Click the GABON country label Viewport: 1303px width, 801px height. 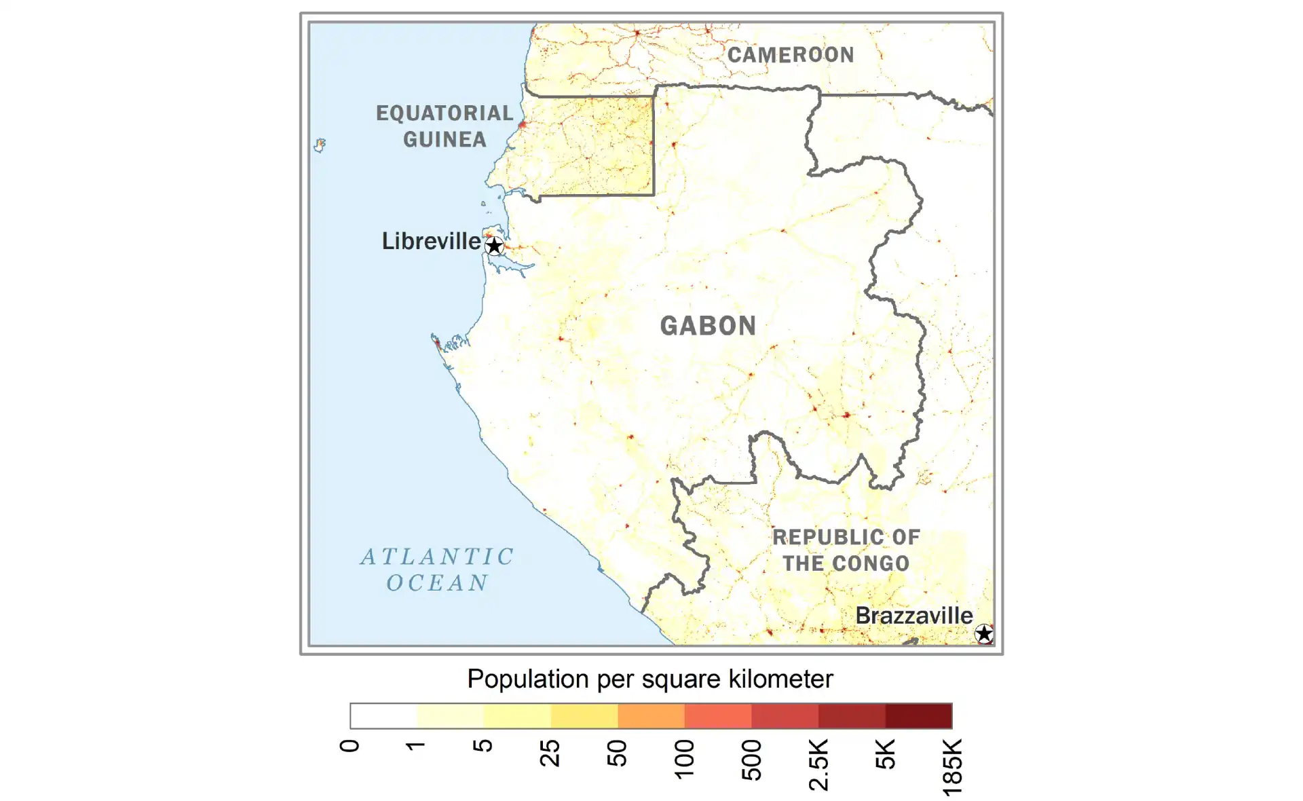click(708, 326)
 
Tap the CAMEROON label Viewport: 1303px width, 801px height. click(791, 55)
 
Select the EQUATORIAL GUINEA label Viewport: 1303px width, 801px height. click(445, 126)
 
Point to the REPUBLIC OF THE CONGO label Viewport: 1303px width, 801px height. click(846, 551)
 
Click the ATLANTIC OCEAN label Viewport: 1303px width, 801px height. click(437, 570)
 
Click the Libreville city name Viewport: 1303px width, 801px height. click(431, 241)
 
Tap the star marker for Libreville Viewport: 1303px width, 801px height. click(495, 246)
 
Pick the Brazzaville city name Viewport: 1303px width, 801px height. click(913, 616)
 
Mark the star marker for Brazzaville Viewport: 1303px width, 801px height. click(983, 634)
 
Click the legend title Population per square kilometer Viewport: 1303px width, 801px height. click(649, 679)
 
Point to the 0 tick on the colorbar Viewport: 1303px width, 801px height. click(350, 746)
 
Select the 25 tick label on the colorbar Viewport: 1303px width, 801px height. click(550, 753)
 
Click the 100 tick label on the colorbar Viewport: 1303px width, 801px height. click(684, 759)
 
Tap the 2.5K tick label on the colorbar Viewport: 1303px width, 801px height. click(818, 765)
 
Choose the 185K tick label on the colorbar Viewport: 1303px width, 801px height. click(952, 767)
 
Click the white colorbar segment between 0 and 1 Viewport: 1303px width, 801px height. click(383, 716)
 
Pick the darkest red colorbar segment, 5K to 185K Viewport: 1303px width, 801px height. click(919, 716)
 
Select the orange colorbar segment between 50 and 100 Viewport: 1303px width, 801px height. click(651, 716)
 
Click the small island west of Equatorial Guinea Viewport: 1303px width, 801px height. click(320, 145)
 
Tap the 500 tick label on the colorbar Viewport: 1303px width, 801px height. click(751, 760)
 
